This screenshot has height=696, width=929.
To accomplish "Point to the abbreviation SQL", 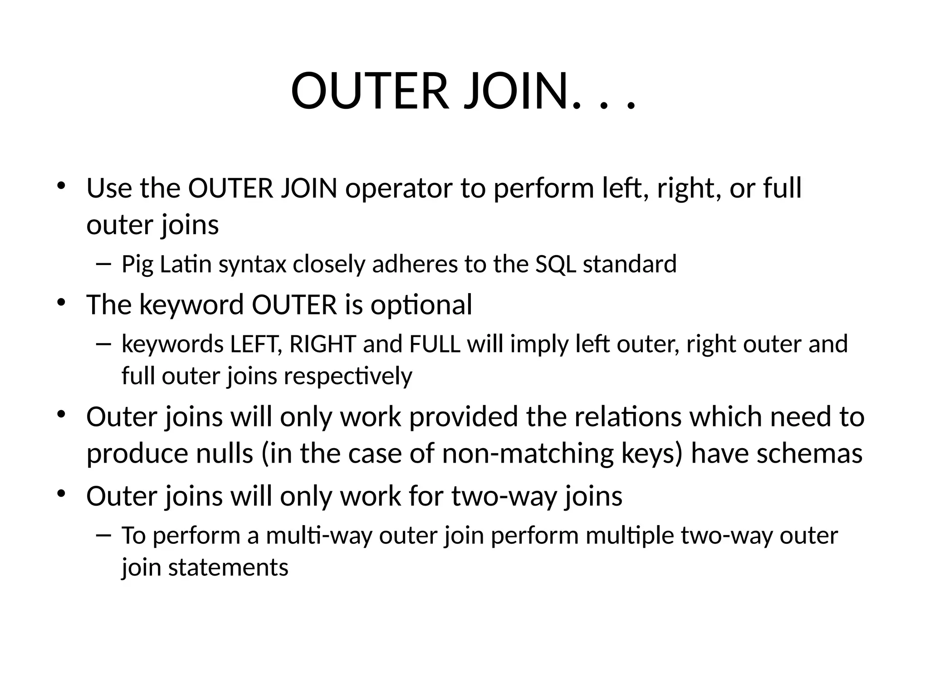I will tap(555, 265).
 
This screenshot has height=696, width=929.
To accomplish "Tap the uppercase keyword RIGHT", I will tap(323, 344).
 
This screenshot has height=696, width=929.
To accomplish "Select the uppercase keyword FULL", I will tap(435, 344).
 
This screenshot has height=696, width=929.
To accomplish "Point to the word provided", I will tap(463, 417).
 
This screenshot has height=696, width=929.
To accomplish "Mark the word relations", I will tap(628, 417).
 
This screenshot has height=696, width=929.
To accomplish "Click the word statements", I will tap(228, 568).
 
